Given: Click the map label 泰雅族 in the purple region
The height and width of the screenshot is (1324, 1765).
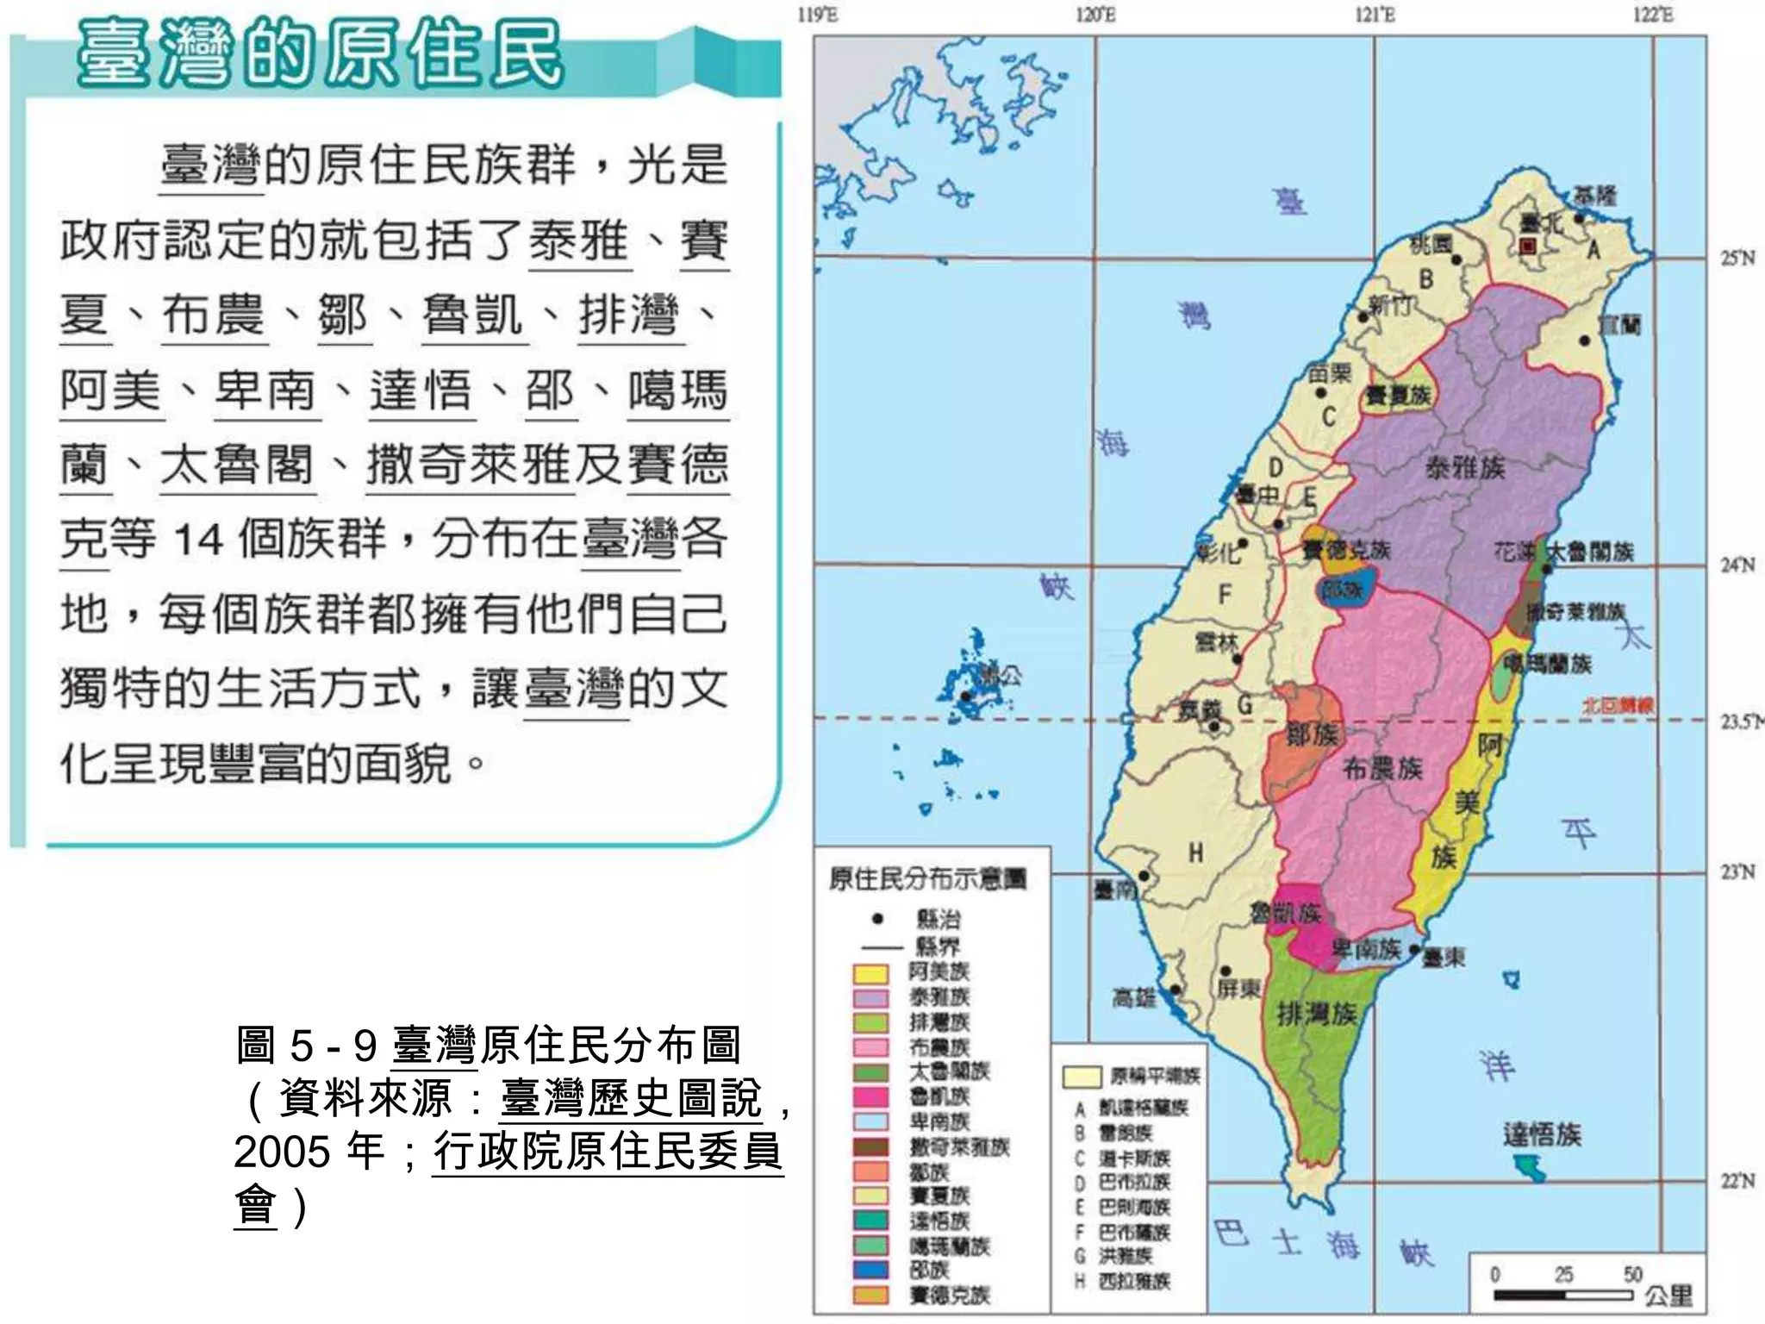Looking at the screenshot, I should point(1465,468).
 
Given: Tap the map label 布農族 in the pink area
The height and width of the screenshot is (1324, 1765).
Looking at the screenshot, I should point(1382,768).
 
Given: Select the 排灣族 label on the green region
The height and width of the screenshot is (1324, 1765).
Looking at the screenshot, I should point(1316,1014).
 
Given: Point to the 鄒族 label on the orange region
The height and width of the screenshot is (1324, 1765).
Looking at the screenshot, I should point(1312,734).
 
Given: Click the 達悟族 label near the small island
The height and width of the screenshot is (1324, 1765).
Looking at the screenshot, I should point(1542,1134).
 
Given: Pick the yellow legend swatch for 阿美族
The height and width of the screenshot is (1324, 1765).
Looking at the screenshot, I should point(870,973).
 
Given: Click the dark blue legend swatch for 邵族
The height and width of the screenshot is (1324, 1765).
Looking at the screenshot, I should point(870,1270).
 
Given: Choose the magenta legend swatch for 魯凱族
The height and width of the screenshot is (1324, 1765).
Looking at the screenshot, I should point(870,1096).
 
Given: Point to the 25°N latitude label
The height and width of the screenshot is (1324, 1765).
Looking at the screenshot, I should point(1737,258).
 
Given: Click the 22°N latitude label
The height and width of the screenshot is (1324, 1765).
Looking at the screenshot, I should point(1737,1180).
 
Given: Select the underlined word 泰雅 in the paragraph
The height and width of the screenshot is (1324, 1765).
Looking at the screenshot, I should point(579,240).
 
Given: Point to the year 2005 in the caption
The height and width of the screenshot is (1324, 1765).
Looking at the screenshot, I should point(281,1151).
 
